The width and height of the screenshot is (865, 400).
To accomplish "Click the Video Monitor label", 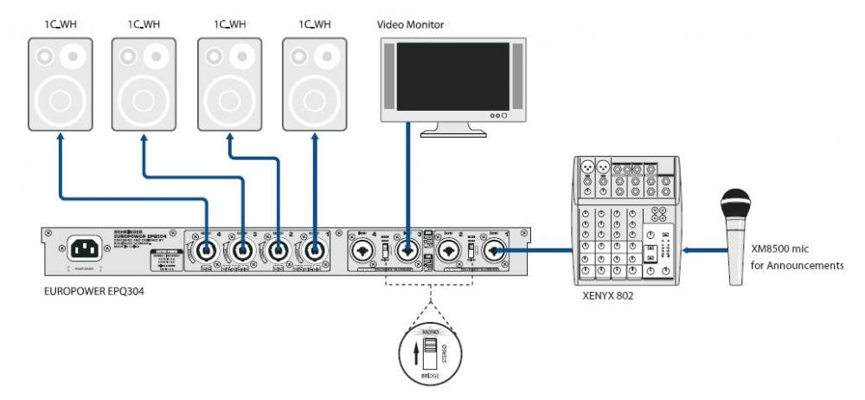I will [x=410, y=24].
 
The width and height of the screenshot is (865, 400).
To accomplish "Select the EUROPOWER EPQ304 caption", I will [x=93, y=292].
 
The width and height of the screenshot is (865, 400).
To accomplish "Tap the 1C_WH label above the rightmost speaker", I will [x=315, y=24].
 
